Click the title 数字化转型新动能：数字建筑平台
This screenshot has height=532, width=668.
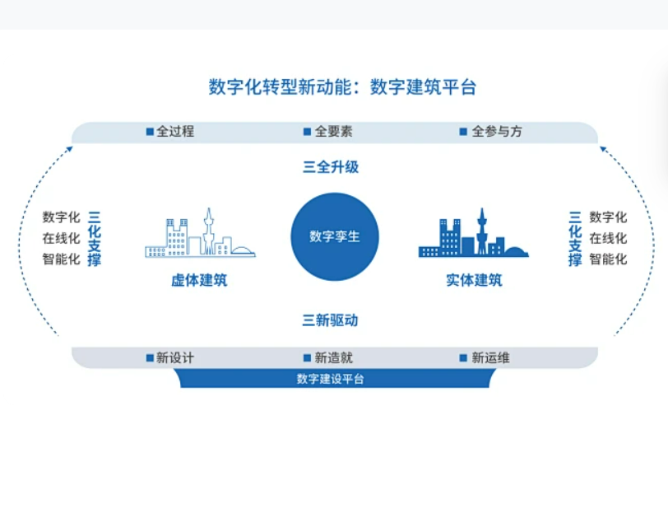tap(342, 87)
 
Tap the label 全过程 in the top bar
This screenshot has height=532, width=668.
tap(175, 132)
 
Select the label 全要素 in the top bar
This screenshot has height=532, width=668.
tap(333, 132)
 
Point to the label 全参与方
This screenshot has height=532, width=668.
tap(497, 132)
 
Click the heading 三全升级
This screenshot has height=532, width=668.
tap(331, 167)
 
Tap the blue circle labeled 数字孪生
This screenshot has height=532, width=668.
tap(335, 236)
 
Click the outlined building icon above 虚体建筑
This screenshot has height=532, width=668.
tap(200, 233)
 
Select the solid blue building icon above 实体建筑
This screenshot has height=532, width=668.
tap(473, 233)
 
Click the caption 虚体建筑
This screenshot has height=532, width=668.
tap(199, 280)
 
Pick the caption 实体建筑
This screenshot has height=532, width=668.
tap(474, 280)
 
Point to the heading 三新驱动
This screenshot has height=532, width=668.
tap(330, 320)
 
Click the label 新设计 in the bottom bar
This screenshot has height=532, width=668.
tap(175, 357)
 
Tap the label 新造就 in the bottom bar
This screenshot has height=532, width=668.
tap(333, 357)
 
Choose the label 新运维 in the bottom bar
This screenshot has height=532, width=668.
tap(490, 357)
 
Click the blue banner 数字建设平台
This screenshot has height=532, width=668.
tap(335, 378)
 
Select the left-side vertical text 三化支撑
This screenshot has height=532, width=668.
tap(94, 238)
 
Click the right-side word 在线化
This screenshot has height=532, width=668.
tap(608, 238)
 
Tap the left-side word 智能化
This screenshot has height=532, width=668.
tap(62, 259)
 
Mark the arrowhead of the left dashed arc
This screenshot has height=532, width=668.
tap(70, 149)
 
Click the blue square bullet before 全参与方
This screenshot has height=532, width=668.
tap(463, 132)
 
